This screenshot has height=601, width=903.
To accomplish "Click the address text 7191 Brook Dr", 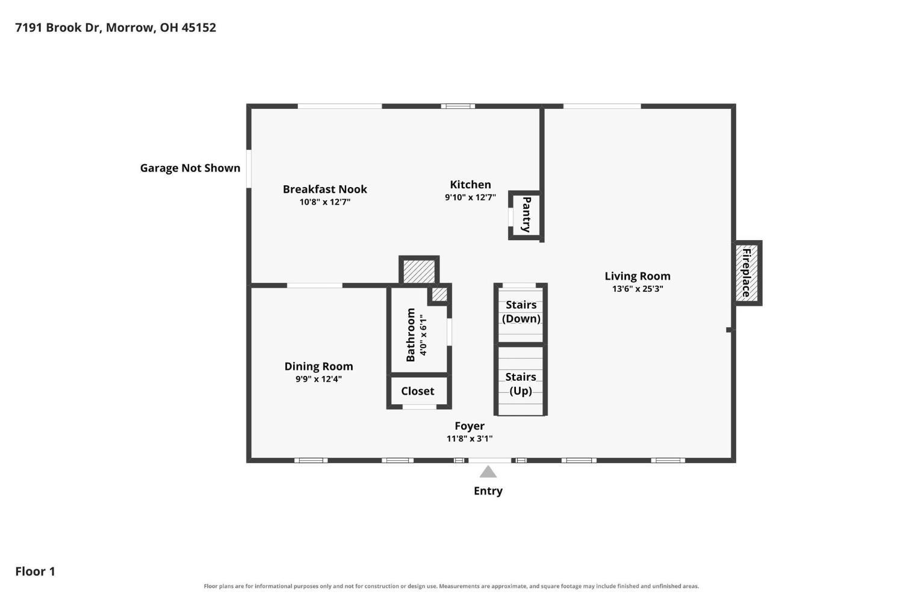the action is pos(58,28).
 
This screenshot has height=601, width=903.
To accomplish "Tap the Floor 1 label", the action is pos(35,571).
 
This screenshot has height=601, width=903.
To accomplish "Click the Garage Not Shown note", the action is pos(190,168).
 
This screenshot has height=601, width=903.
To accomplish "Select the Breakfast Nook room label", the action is pos(325,189).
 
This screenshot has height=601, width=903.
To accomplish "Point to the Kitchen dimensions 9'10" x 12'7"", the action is pos(470,197).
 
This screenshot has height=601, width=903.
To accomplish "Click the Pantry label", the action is pos(526,214).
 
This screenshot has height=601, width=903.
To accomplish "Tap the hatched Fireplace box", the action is pos(747,273).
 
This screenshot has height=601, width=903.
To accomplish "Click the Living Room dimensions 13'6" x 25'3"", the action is pos(638,288).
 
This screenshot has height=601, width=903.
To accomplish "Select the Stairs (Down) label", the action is pos(521,312).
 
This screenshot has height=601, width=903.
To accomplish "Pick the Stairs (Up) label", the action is pos(521,384).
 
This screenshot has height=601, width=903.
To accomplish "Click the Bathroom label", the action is pos(411,334).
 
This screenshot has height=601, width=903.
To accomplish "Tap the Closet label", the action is pos(418,390).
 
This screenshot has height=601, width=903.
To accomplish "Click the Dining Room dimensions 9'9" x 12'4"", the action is pos(318,378).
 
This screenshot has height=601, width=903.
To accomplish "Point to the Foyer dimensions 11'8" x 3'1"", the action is pos(470,438).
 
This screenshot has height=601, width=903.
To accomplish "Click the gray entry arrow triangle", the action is pos(488,472).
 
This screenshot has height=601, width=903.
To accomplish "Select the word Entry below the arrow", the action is pos(488,491).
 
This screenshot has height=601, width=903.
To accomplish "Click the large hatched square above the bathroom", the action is pos(419,271).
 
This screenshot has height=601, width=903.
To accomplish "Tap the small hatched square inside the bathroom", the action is pos(439,294).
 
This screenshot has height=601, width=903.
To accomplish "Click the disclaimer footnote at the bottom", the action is pos(451,586).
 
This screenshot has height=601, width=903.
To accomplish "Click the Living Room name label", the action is pos(638,276).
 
